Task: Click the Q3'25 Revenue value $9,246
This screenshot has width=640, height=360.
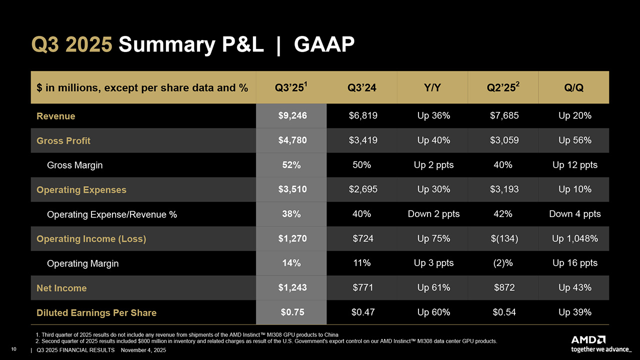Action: point(292,116)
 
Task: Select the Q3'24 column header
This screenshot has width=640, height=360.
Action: point(362,88)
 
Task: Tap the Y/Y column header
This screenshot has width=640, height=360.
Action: point(433,88)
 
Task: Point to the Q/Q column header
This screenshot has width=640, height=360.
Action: point(574,88)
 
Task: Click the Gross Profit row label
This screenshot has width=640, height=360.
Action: point(63,141)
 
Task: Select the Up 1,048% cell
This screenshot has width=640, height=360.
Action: point(574,239)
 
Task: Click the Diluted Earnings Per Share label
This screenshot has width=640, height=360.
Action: point(96,313)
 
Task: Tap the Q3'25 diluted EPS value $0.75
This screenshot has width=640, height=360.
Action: point(292,312)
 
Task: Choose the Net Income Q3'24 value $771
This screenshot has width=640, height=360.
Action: point(362,288)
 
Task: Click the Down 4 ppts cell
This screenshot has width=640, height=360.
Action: point(574,214)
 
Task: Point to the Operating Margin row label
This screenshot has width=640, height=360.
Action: point(82,263)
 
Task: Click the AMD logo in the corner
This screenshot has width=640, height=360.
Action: point(588,339)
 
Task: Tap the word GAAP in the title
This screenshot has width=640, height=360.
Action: point(324,45)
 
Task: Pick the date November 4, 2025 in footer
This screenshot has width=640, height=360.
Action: point(144,350)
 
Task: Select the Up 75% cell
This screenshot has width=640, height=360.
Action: point(433,239)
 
